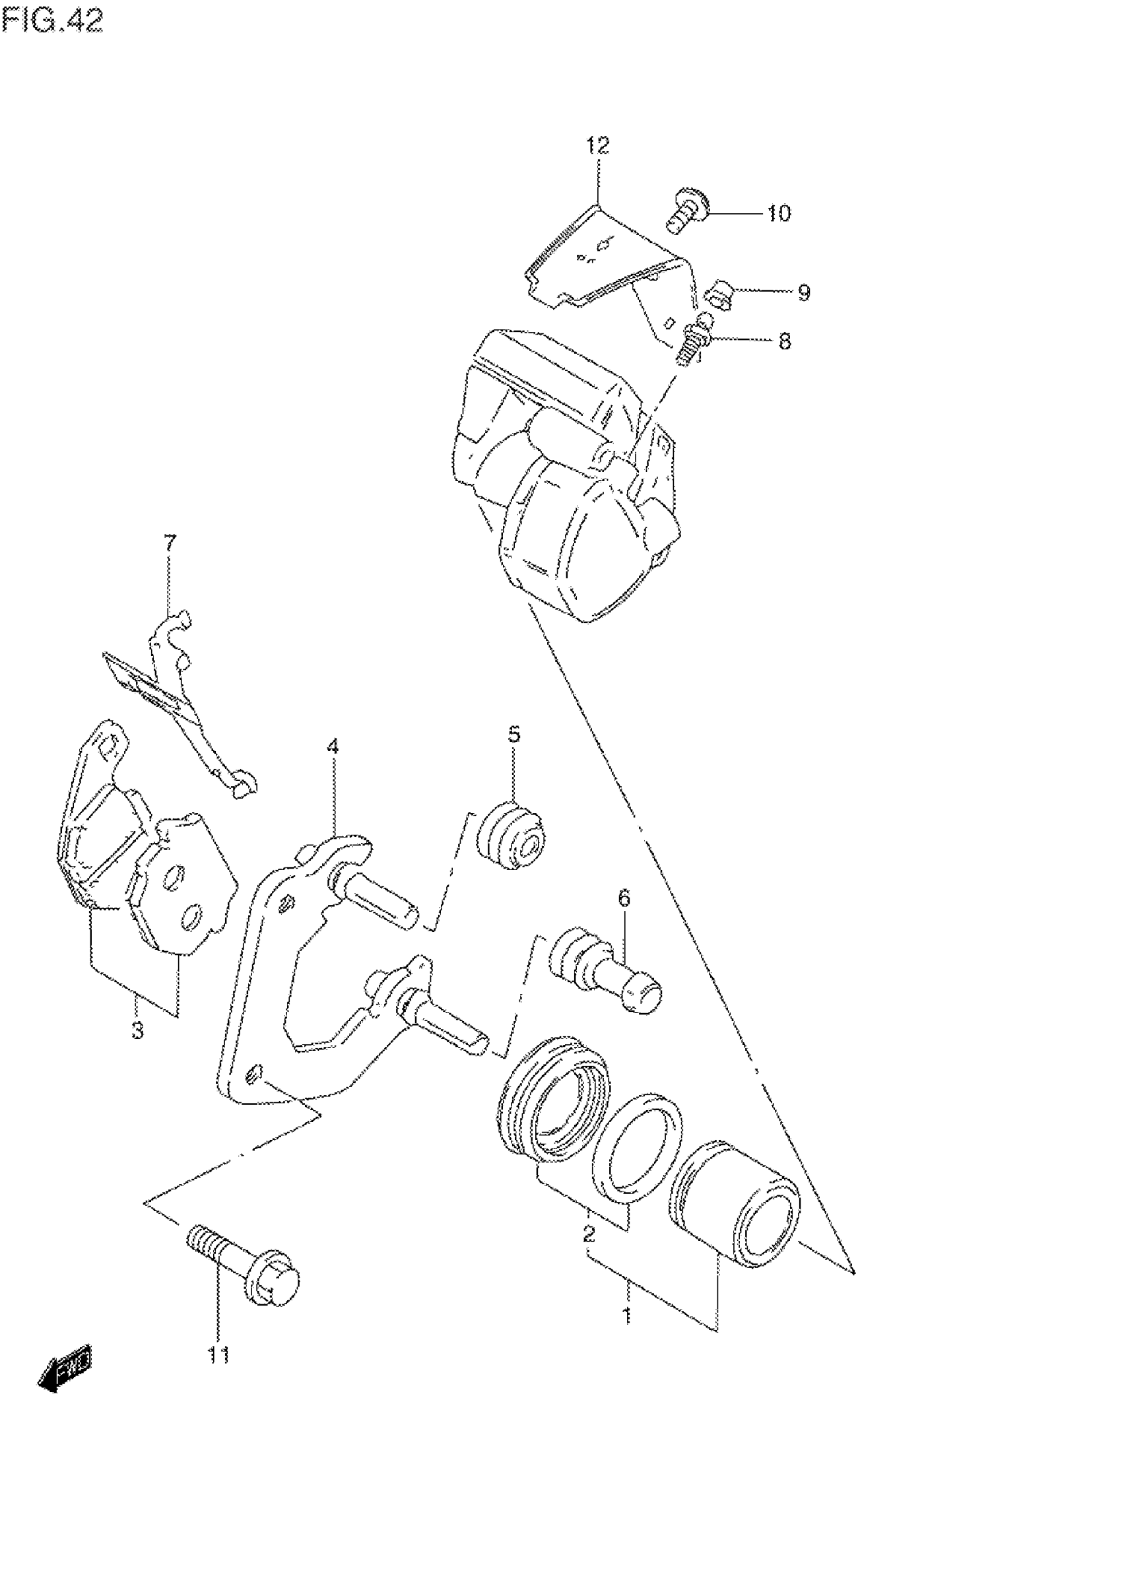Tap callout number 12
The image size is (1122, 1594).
click(x=597, y=146)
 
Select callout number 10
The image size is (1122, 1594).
click(x=779, y=213)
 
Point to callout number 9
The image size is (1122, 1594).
click(x=803, y=293)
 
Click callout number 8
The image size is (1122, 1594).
click(x=785, y=342)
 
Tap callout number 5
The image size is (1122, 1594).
click(x=513, y=735)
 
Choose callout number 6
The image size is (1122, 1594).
click(x=624, y=899)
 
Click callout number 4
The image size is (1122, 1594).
click(x=333, y=747)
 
